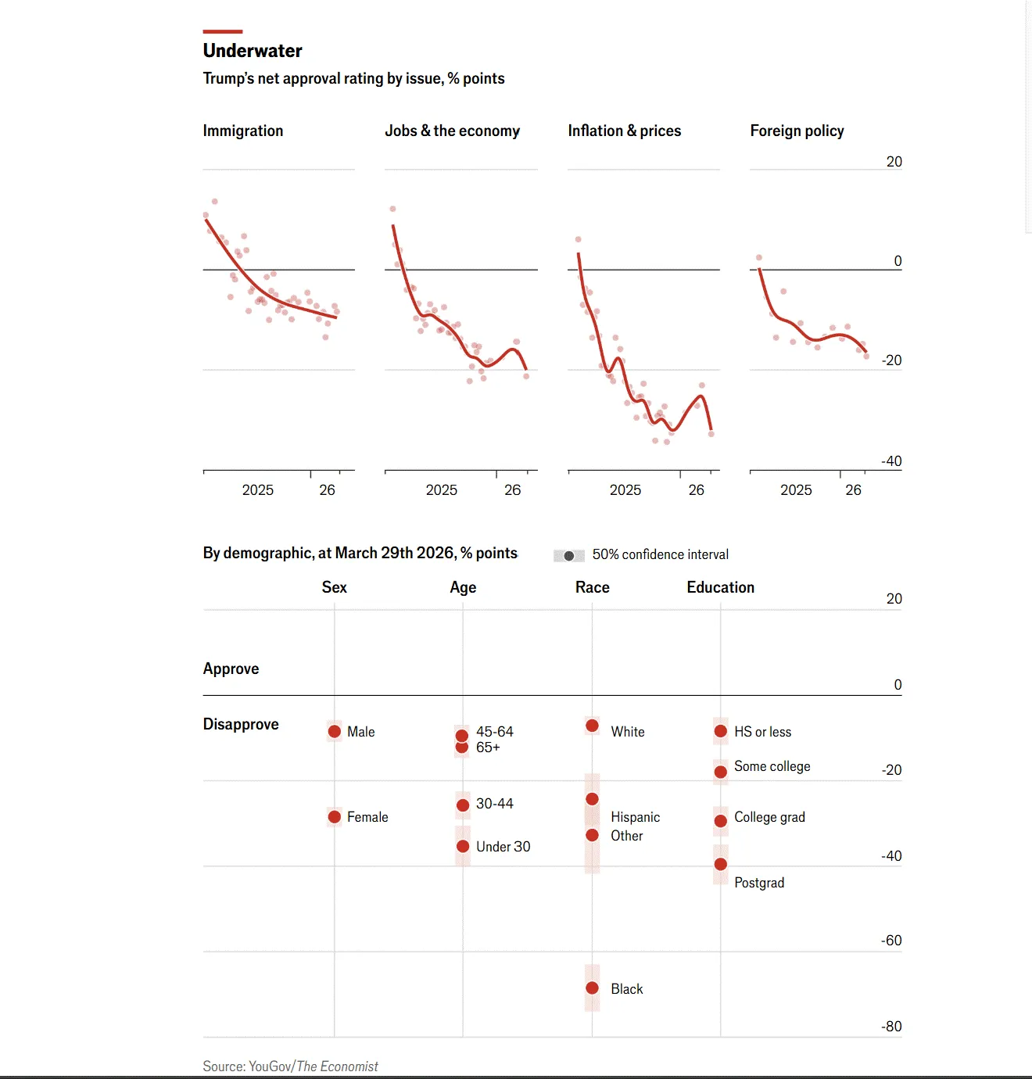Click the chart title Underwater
coord(253,51)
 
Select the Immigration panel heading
coord(243,131)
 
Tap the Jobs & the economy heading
coord(452,131)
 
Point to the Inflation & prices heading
coord(625,131)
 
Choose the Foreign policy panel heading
coord(797,131)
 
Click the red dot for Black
coord(593,988)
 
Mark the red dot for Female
coord(335,816)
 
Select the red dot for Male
coord(335,731)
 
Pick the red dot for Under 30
coord(463,846)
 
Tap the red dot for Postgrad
coord(721,864)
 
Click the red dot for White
coord(593,726)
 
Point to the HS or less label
coord(762,732)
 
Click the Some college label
coord(772,766)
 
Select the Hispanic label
coord(635,817)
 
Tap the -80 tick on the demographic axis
coord(891,1026)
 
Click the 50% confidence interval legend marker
coord(569,555)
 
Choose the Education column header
coord(720,587)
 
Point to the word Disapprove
coord(241,724)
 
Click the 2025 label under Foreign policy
coord(796,490)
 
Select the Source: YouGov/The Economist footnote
coord(290,1066)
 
